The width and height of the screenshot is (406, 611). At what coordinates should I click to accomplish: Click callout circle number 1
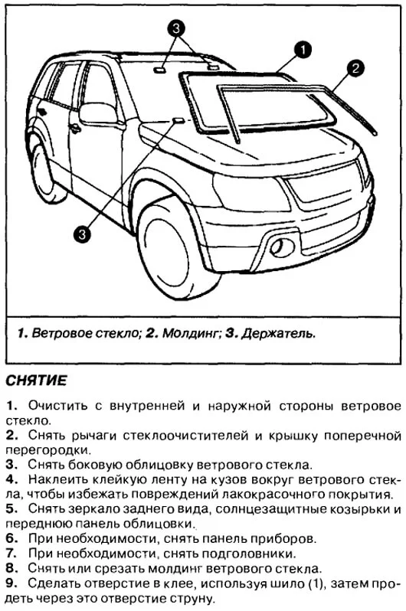point(303,50)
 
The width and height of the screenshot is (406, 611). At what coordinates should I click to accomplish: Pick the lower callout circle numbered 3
point(83,230)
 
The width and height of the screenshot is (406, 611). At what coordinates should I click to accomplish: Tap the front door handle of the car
point(75,128)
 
